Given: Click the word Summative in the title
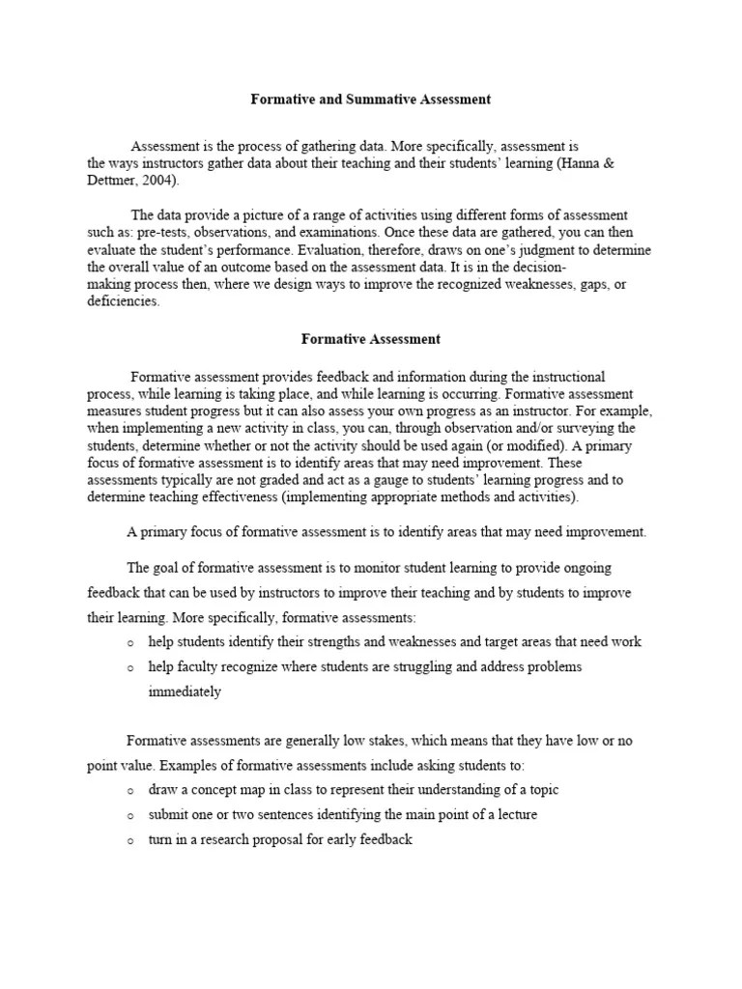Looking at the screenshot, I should tap(371, 99).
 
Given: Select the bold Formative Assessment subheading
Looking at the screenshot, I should tap(371, 339).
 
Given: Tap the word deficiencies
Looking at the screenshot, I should tap(123, 302).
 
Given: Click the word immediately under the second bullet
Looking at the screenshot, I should tap(185, 692).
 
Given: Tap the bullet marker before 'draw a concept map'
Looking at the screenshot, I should tap(130, 790).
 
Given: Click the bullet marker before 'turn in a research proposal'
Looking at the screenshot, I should tap(130, 840).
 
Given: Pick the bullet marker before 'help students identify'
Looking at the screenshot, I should tap(130, 642).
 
